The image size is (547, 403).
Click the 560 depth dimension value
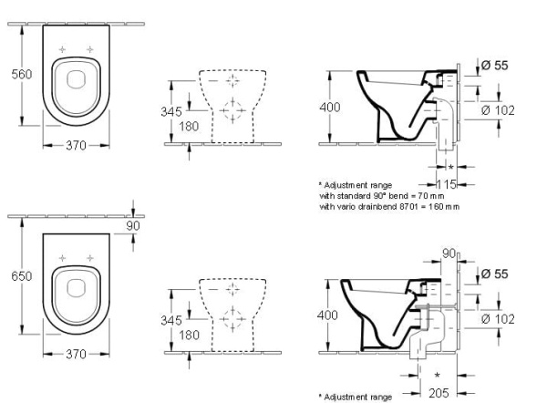coord(22,74)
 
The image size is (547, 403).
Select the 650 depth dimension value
coord(22,276)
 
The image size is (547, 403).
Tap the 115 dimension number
coord(447,184)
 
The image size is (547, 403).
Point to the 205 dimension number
coord(439,393)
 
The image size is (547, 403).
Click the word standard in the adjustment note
coord(349,196)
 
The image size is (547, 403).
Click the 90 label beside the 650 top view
coord(133,226)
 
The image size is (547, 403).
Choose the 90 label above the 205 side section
coord(449,253)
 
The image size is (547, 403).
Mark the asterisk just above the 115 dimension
coord(450,168)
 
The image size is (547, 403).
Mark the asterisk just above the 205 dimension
coord(437,376)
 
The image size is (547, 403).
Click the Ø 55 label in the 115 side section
coord(494,65)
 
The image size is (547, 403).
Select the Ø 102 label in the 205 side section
coord(498,319)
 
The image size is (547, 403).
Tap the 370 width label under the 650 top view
coord(76,354)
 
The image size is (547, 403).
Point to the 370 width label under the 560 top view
coord(76,145)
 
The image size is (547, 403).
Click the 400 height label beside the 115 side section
coord(330,107)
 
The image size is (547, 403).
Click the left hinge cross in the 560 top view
coord(62,49)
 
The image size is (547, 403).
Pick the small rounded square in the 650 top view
coord(76,288)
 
